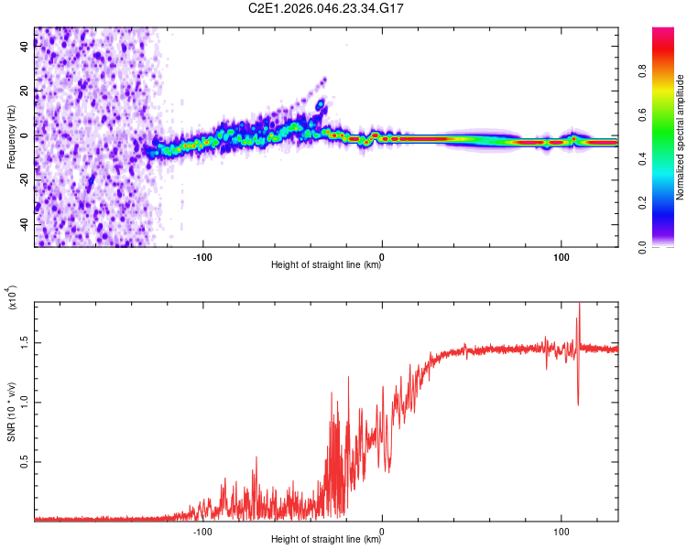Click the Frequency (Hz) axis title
coord(11,137)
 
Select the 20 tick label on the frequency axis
coord(25,91)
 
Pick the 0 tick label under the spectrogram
coord(382,255)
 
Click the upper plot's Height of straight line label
coord(326,265)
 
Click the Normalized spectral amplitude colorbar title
coord(681,137)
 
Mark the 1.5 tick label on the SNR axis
coord(25,341)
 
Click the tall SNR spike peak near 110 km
coord(578,305)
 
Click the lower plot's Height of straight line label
coord(326,540)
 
